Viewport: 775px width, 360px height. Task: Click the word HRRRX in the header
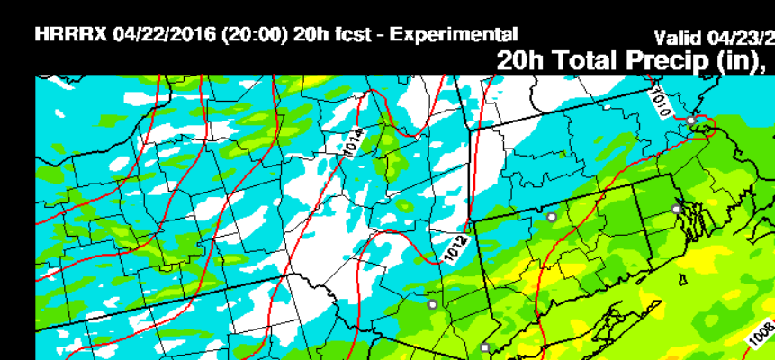click(x=72, y=35)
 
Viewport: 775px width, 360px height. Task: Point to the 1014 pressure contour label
click(x=354, y=143)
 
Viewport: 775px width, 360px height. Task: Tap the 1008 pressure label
click(x=761, y=334)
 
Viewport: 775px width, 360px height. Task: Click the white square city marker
click(x=484, y=347)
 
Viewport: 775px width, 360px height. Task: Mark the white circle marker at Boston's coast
click(x=690, y=121)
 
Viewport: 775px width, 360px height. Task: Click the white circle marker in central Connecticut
click(x=551, y=217)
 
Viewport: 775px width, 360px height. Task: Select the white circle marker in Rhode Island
click(x=676, y=209)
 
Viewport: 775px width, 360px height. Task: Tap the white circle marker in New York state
click(x=432, y=305)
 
